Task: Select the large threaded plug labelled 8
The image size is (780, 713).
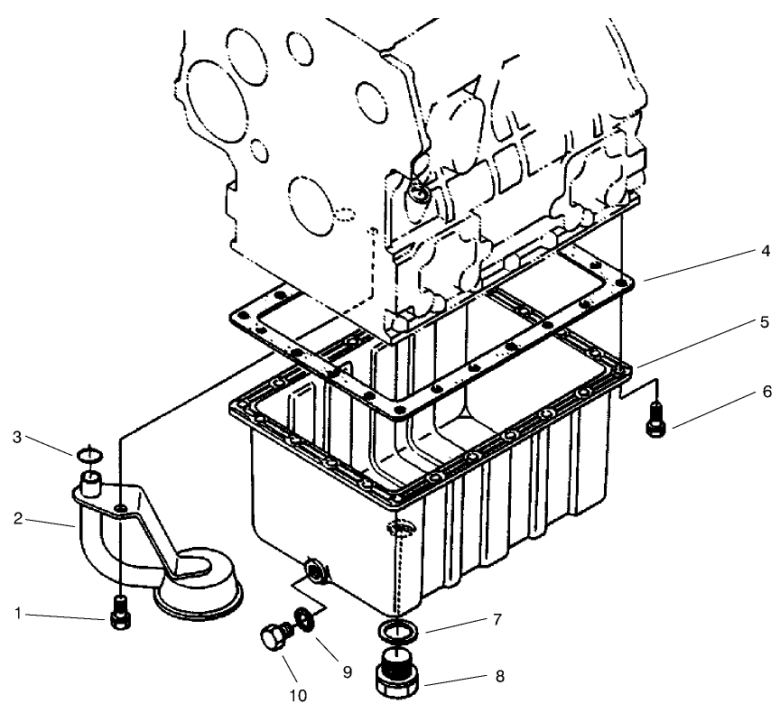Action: pyautogui.click(x=395, y=677)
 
